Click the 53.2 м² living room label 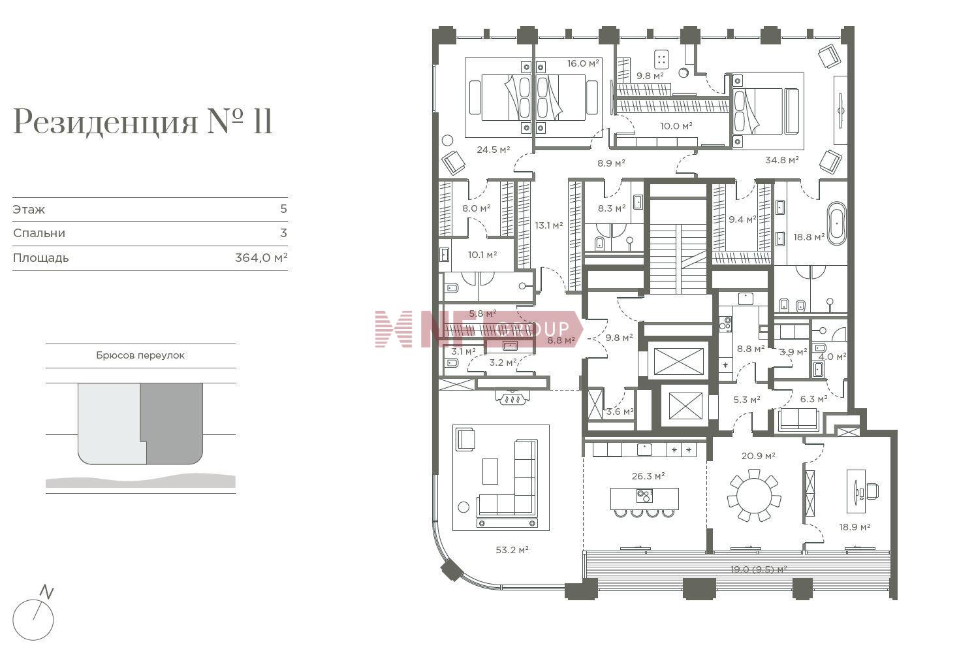coord(512,549)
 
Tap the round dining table coord(754,496)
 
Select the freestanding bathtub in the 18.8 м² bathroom coord(836,223)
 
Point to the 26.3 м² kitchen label coord(648,476)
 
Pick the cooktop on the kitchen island coord(644,496)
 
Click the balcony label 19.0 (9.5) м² coord(759,570)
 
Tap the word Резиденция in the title coord(106,122)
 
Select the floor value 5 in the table coord(283,208)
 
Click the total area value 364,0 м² coord(261,257)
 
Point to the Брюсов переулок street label coord(140,355)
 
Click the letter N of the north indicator coord(46,592)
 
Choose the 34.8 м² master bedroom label coord(781,160)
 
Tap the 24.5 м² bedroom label coord(493,150)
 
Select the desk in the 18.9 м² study coord(857,491)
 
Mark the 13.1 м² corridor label coord(549,225)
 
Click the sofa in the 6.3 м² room coord(798,420)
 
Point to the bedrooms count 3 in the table coord(283,233)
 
